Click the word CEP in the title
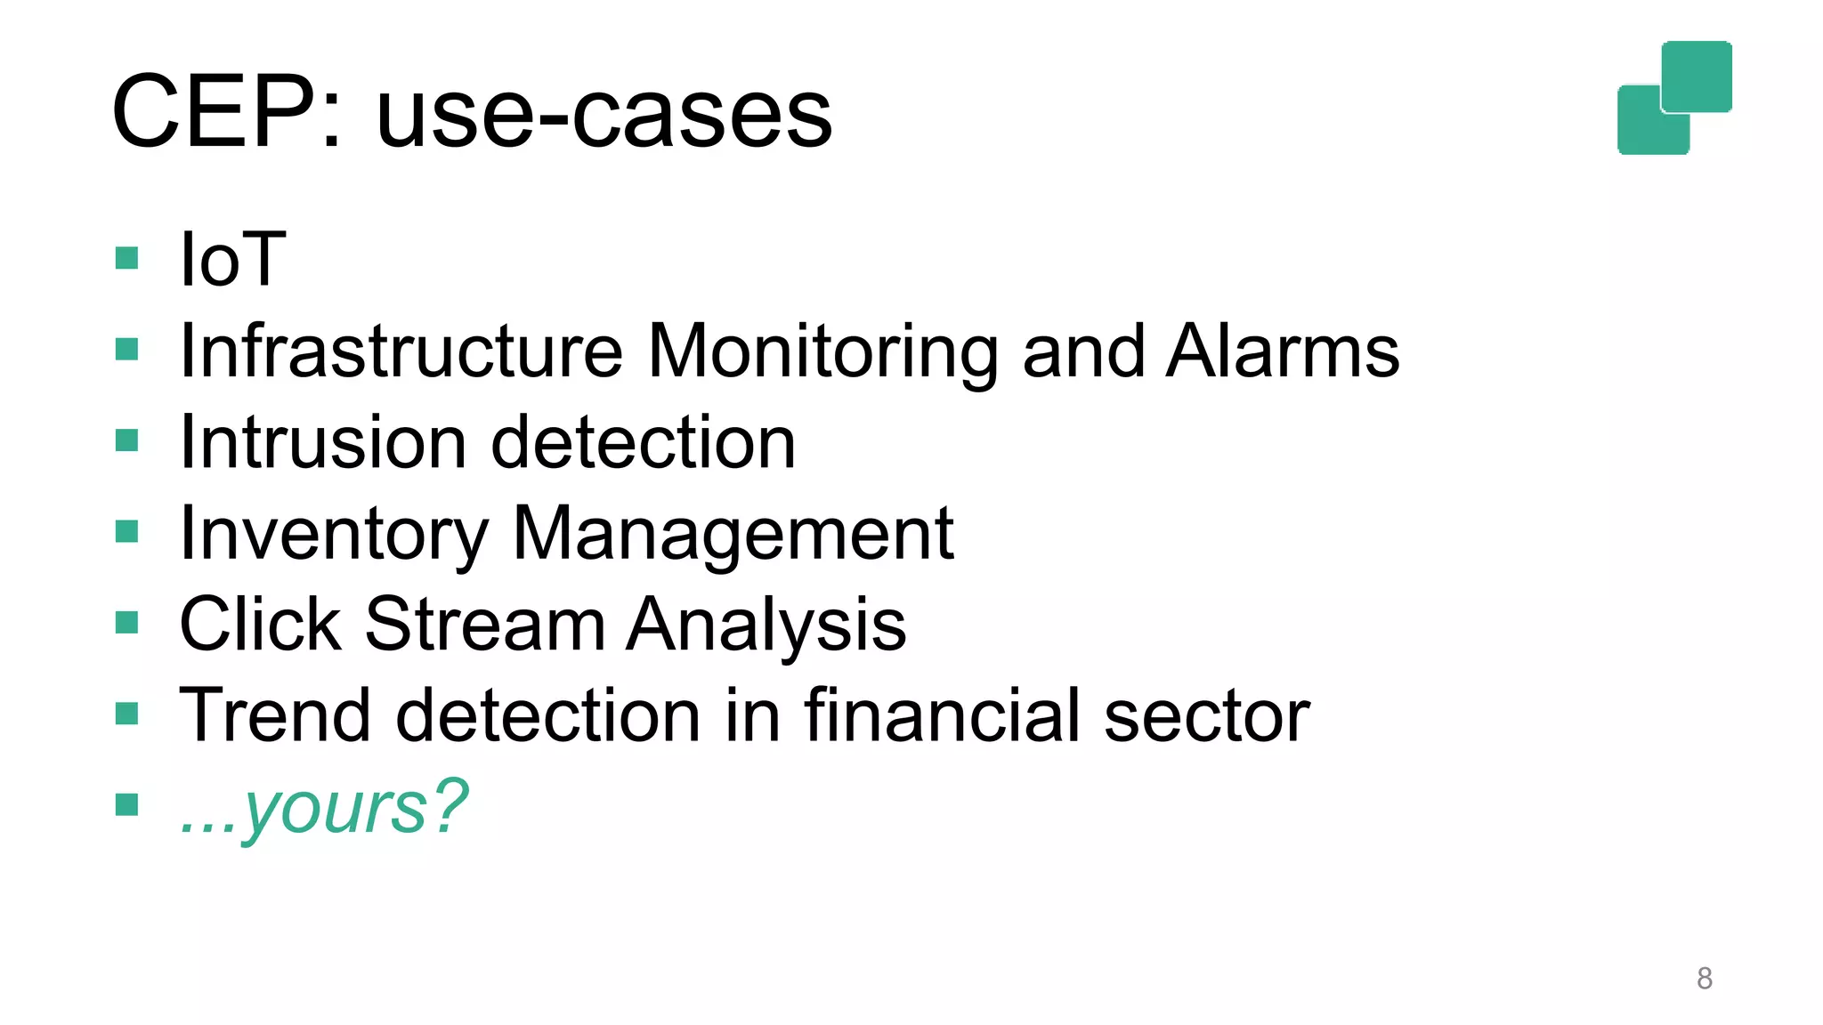pos(227,113)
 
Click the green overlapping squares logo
pos(1674,98)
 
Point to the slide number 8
pos(1704,978)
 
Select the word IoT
pos(232,259)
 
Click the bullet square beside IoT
pos(127,258)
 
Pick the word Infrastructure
pos(401,351)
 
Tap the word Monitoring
pos(822,352)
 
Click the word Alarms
pos(1283,351)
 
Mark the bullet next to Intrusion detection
pos(127,440)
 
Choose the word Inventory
pos(334,535)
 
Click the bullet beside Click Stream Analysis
pos(127,622)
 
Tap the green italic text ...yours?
pos(323,807)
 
